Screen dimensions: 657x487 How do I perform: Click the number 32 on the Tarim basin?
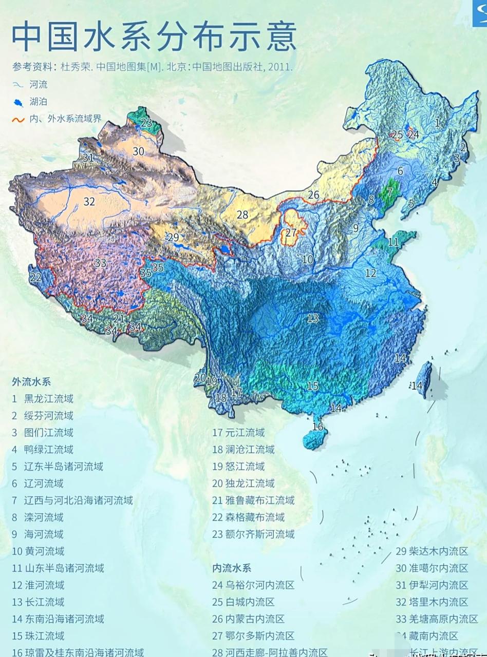(x=89, y=202)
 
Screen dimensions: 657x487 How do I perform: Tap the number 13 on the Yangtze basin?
(x=313, y=319)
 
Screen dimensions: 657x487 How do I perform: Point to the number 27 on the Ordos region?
(x=291, y=232)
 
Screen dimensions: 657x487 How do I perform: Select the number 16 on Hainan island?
(x=318, y=427)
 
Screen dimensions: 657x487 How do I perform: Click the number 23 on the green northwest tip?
(x=146, y=123)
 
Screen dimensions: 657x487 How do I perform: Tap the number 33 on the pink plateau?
(x=100, y=263)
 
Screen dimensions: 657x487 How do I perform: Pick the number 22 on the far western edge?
(x=35, y=278)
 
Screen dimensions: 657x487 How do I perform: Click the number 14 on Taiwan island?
(x=417, y=385)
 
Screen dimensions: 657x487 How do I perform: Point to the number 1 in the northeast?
(x=437, y=123)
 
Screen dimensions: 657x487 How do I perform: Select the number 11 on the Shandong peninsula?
(x=394, y=242)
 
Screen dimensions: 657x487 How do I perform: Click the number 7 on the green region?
(x=389, y=193)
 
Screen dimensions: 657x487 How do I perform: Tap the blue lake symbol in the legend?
(x=18, y=103)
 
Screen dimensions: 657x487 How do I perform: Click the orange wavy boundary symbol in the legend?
(x=18, y=120)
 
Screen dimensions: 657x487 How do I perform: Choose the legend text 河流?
(x=39, y=85)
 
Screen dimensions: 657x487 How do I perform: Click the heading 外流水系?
(x=31, y=382)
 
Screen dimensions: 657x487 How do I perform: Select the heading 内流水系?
(x=232, y=568)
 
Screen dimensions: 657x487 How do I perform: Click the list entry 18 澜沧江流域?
(x=243, y=450)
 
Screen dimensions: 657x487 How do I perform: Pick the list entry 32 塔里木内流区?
(x=432, y=602)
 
